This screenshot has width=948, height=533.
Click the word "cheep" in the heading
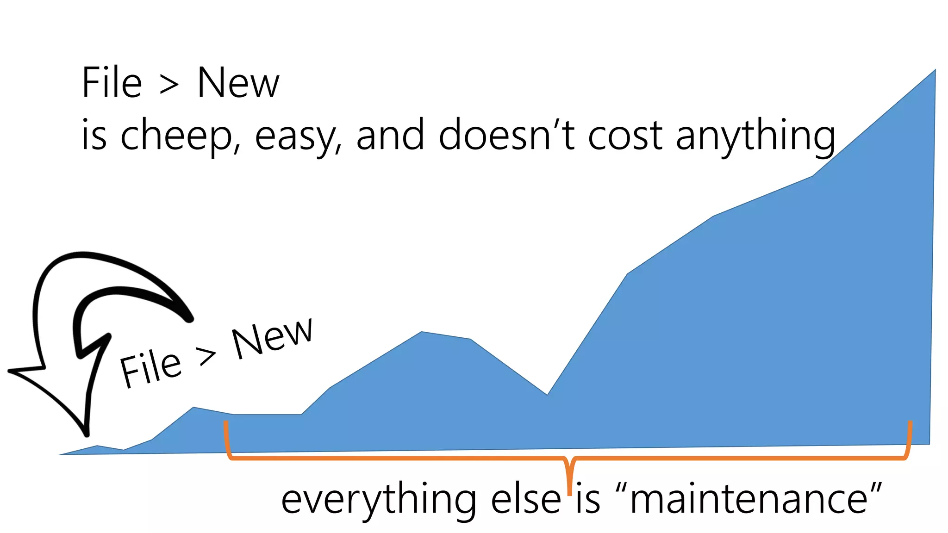point(176,135)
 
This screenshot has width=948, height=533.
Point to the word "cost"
point(624,135)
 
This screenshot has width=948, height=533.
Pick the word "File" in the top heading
point(112,83)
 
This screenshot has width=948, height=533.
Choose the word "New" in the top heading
point(238,83)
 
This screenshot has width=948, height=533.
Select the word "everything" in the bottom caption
point(378,501)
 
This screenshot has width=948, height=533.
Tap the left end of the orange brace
point(225,423)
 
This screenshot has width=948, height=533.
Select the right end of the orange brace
point(910,423)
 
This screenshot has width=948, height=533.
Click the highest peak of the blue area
point(935,70)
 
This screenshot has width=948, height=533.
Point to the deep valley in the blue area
point(547,394)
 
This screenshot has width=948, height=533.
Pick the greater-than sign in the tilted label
point(206,356)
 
